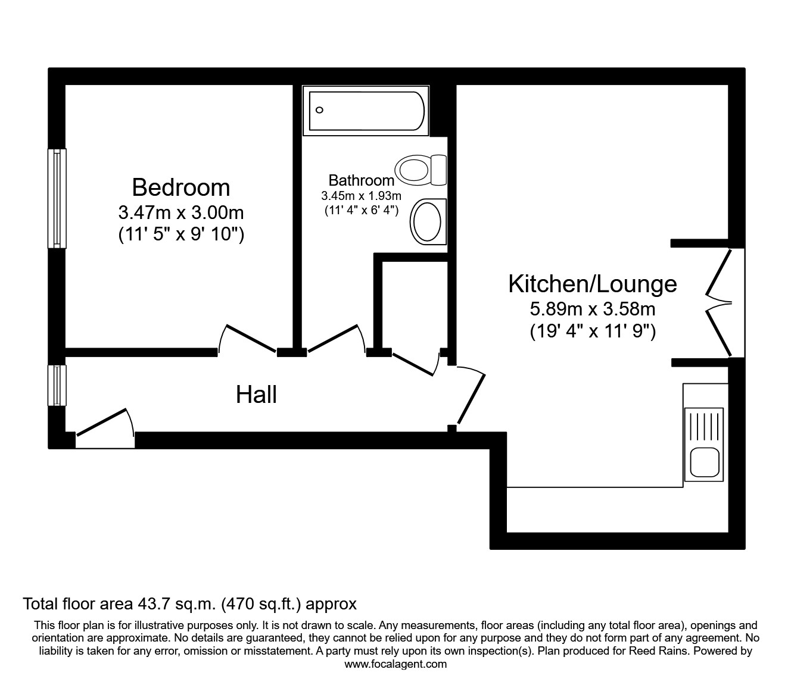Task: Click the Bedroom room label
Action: (x=181, y=187)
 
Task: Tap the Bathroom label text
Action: (x=361, y=180)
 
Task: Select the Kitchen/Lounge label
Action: (x=593, y=284)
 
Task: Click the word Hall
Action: (x=256, y=395)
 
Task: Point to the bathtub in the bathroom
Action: (x=366, y=111)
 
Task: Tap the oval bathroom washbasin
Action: (x=426, y=221)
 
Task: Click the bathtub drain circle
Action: (x=319, y=110)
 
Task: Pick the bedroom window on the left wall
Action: (x=57, y=198)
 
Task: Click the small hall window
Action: (x=57, y=384)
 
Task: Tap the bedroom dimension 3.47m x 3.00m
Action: (x=181, y=212)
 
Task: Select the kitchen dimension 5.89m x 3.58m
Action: (x=593, y=309)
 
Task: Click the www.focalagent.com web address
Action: (x=395, y=664)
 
